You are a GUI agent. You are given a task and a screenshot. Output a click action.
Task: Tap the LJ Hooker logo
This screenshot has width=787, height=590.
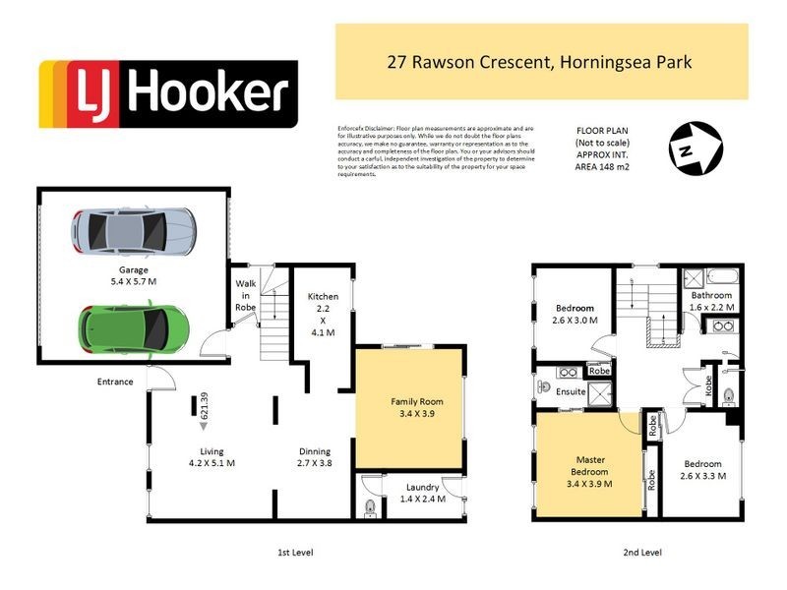pos(167,94)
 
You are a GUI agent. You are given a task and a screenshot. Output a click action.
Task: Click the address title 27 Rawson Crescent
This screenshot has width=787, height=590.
pos(541,62)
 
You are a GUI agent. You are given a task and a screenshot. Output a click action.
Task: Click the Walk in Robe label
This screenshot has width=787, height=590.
pos(245,295)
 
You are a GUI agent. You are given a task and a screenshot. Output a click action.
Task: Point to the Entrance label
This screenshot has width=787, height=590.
pos(115,382)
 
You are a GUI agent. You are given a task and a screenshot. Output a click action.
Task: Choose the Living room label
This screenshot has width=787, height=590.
pos(209,458)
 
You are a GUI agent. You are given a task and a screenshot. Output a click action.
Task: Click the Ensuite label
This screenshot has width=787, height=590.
pos(571,391)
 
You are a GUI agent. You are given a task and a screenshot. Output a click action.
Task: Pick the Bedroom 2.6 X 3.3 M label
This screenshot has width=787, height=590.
pos(702,470)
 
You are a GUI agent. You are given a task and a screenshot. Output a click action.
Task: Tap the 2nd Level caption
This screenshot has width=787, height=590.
pos(641,554)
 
